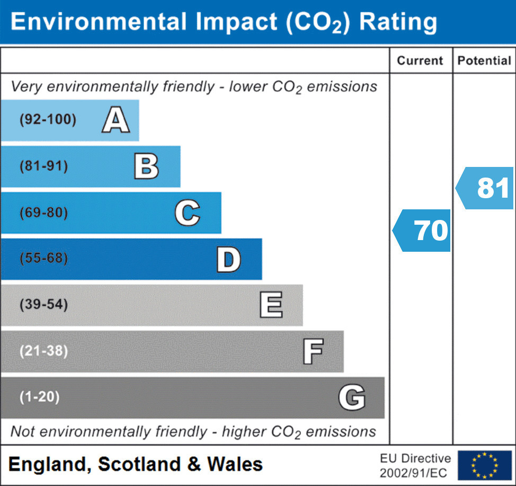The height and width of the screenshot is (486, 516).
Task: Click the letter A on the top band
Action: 116,120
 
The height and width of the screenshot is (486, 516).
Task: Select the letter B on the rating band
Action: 146,166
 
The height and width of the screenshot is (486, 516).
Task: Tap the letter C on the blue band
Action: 187,213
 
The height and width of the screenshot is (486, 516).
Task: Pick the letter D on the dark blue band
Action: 228,259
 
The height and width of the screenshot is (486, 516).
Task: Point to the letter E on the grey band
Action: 271,305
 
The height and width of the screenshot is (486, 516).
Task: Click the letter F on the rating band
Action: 313,351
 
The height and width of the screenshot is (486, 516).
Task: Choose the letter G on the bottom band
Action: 352,397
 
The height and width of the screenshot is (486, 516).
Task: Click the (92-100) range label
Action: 48,120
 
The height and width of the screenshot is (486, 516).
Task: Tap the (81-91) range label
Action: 43,166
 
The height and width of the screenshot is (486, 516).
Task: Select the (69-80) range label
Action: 43,213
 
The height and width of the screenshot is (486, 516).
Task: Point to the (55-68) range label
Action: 43,259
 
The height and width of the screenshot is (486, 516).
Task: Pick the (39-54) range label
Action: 43,305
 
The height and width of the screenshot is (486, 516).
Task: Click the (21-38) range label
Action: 43,351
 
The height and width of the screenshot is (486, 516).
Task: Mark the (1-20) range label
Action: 39,397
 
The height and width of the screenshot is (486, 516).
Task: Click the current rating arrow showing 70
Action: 423,231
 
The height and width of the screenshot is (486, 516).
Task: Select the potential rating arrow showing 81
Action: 486,188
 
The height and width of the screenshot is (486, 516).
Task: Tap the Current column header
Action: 420,60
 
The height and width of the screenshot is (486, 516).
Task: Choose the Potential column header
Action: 484,60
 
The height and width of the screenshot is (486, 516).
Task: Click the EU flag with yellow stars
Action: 484,465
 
